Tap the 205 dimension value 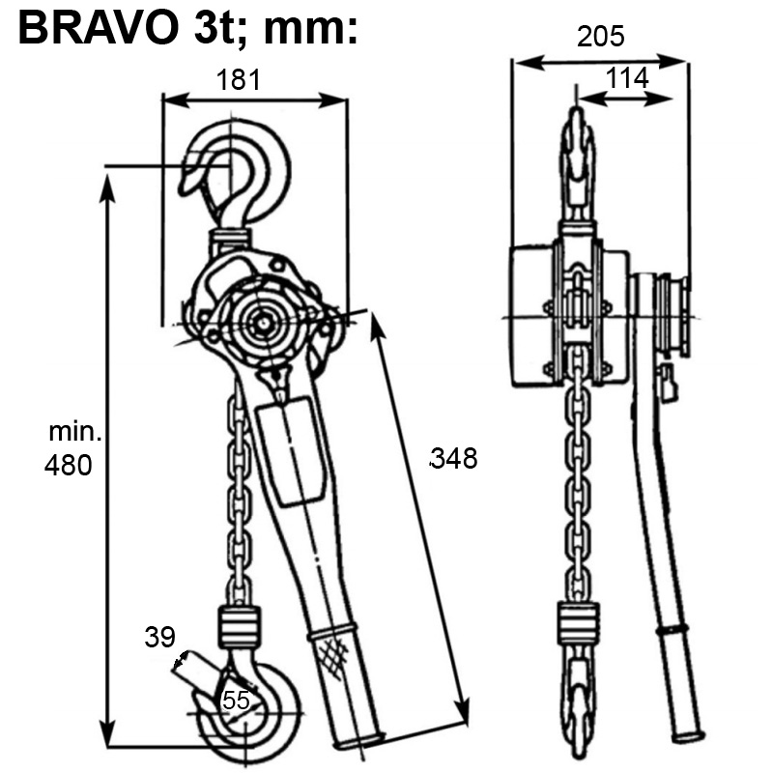pyautogui.click(x=601, y=37)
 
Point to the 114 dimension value pyautogui.click(x=627, y=78)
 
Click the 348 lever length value pyautogui.click(x=453, y=458)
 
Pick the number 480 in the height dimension pyautogui.click(x=69, y=466)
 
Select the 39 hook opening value pyautogui.click(x=159, y=637)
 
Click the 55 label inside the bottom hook pyautogui.click(x=236, y=701)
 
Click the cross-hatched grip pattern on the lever pyautogui.click(x=330, y=662)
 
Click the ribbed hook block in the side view pyautogui.click(x=578, y=621)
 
